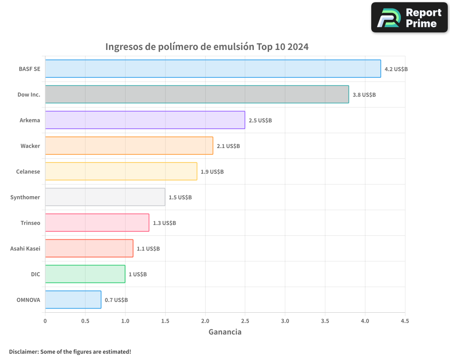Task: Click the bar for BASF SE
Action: (213, 69)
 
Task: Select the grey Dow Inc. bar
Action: (197, 94)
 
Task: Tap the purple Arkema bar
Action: (145, 120)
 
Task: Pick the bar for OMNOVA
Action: (73, 300)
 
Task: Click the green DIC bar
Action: (85, 274)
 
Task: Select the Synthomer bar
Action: (105, 197)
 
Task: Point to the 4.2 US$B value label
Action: (396, 69)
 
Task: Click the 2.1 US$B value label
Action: (228, 146)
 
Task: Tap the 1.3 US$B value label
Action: (164, 223)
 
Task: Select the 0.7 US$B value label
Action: (116, 300)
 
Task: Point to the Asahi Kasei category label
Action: (25, 248)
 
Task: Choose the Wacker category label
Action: (30, 146)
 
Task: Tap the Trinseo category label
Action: (30, 223)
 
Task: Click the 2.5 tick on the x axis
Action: (245, 321)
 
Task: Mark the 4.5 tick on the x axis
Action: (405, 321)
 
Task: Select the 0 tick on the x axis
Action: (45, 321)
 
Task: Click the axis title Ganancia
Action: (225, 332)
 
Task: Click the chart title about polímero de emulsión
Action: (207, 47)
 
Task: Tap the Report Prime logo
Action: (409, 18)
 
